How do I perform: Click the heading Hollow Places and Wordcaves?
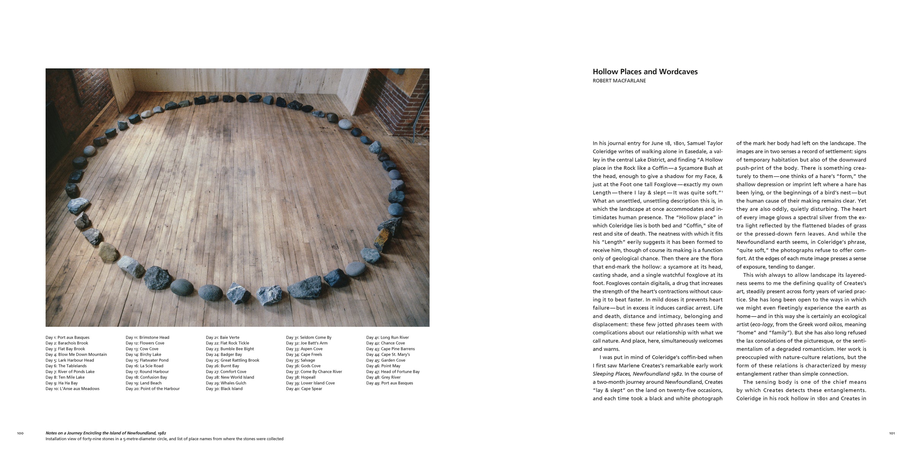645,72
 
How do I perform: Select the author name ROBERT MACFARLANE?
619,81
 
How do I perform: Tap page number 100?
21,433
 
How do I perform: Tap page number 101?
892,433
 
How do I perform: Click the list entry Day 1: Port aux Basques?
67,337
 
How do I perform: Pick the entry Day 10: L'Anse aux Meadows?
72,389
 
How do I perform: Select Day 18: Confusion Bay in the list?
146,377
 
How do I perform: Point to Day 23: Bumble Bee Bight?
230,349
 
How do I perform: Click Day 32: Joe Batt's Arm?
307,343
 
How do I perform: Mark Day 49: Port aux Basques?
389,383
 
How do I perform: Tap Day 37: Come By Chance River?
314,372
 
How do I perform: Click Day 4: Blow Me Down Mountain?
76,355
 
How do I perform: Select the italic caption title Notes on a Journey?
106,433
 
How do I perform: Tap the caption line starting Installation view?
164,439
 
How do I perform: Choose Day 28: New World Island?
230,377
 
